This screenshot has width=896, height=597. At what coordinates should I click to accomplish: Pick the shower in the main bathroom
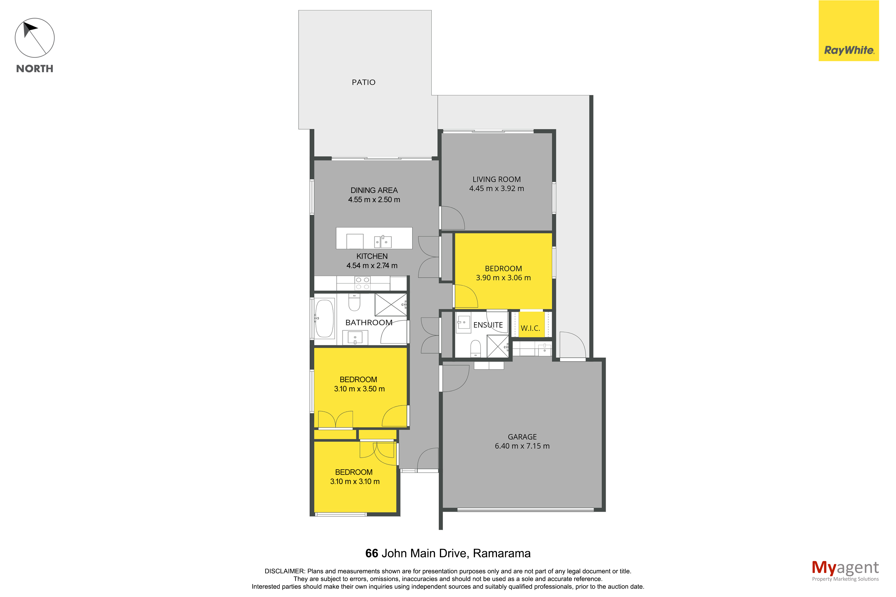(x=391, y=305)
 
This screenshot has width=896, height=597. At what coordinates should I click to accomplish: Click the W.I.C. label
(x=530, y=328)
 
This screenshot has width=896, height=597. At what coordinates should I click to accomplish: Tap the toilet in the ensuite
(x=475, y=348)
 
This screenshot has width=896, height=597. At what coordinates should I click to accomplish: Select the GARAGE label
(x=522, y=437)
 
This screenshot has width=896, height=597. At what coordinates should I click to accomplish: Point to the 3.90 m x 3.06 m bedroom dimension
(x=503, y=278)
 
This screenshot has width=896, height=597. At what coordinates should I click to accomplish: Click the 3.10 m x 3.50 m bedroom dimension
(x=359, y=389)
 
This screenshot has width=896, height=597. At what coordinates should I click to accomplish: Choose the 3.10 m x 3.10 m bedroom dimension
(x=355, y=481)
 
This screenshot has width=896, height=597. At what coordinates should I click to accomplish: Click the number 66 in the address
(x=372, y=553)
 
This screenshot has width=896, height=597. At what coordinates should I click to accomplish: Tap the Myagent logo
(x=845, y=570)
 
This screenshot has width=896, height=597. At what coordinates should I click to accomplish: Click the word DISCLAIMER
(x=284, y=571)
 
